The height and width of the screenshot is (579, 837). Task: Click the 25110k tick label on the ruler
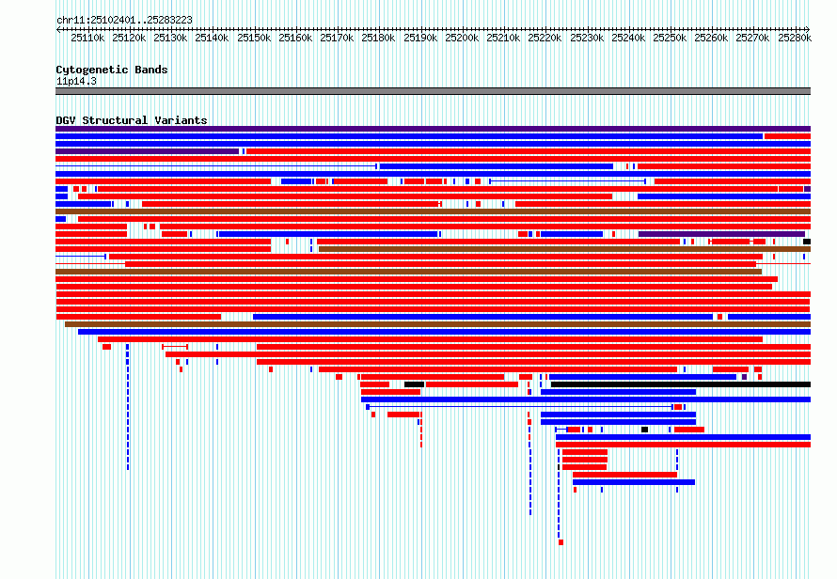click(x=87, y=38)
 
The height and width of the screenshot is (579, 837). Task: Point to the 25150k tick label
click(x=254, y=38)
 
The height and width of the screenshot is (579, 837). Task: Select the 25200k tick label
click(x=462, y=38)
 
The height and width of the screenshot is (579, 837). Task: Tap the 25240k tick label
click(x=628, y=38)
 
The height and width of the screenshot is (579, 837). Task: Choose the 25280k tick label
click(x=795, y=38)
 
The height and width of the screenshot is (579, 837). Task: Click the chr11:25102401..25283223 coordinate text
click(x=124, y=21)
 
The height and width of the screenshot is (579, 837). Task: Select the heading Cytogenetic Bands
click(x=112, y=70)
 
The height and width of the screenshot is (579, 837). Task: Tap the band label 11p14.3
click(x=76, y=81)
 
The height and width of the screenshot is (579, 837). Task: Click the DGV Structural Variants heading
click(x=132, y=120)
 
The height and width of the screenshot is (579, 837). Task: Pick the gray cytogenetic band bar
click(x=433, y=91)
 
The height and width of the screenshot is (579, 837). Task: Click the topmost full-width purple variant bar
click(x=433, y=129)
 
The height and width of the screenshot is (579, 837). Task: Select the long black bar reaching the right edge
click(x=681, y=384)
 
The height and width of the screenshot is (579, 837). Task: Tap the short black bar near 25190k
click(x=414, y=384)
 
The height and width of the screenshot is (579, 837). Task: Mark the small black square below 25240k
click(x=645, y=430)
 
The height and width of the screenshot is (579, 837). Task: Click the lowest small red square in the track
click(x=561, y=542)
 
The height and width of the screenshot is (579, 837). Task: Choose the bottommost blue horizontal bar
click(x=634, y=482)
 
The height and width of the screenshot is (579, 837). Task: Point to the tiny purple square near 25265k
click(x=744, y=377)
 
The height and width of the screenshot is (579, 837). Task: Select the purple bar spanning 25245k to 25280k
click(x=721, y=234)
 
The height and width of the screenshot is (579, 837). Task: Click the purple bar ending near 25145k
click(x=147, y=151)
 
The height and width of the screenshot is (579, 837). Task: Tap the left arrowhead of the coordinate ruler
click(x=57, y=29)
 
